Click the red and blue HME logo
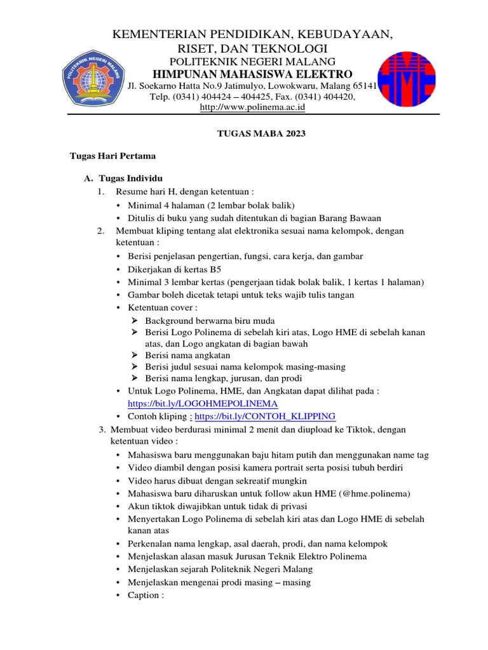click(407, 80)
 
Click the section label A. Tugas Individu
click(123, 179)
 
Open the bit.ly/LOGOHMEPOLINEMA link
click(202, 403)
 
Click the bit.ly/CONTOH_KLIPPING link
click(264, 416)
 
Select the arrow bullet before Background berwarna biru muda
click(134, 320)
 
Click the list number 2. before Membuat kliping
click(101, 230)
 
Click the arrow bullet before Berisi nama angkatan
click(134, 355)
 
